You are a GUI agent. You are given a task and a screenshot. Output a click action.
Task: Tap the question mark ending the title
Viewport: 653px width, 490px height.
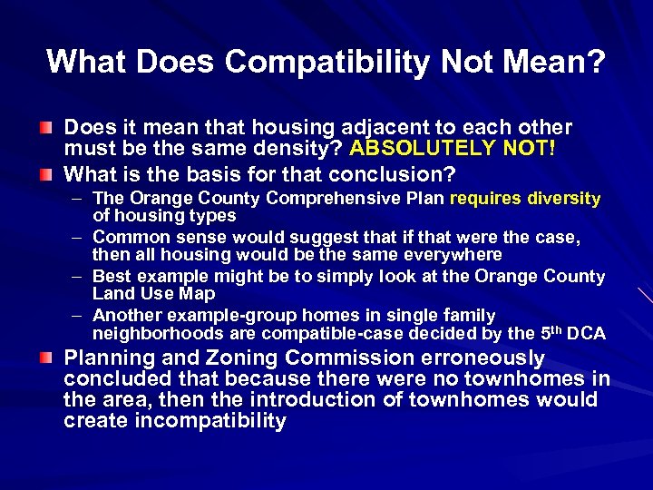point(596,61)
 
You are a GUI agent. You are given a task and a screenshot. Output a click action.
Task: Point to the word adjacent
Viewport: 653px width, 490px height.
point(355,127)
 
